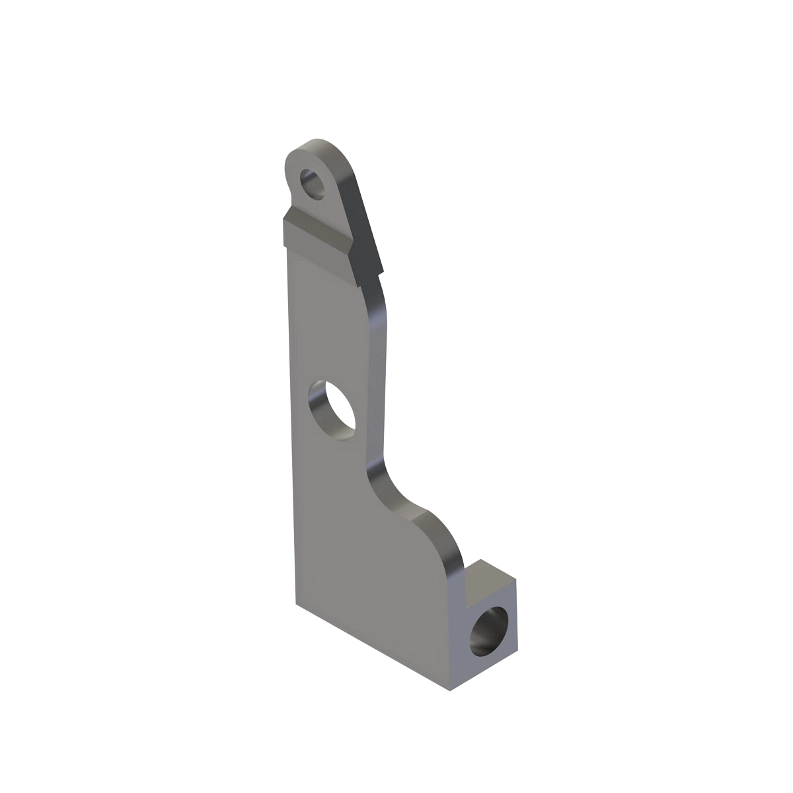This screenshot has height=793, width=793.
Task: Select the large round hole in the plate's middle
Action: pyautogui.click(x=332, y=410)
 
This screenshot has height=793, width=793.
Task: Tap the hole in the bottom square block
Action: pyautogui.click(x=490, y=632)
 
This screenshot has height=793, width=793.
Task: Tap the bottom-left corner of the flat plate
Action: pyautogui.click(x=295, y=602)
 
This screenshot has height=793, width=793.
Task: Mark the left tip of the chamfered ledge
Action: pyautogui.click(x=285, y=225)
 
